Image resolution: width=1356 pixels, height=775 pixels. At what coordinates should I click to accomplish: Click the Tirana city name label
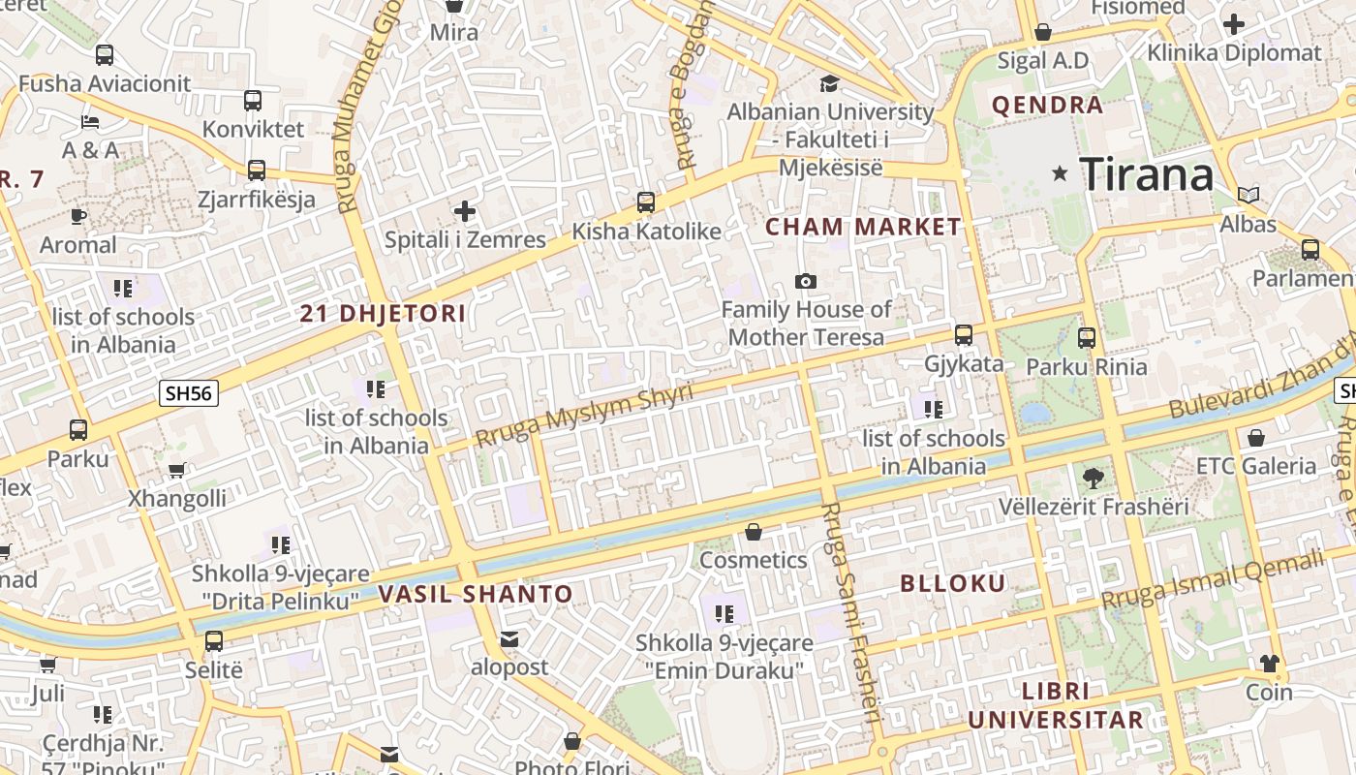(x=1146, y=174)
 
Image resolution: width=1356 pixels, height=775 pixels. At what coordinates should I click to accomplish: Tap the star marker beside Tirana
(x=1061, y=174)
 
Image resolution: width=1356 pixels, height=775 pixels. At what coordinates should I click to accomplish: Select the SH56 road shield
(x=190, y=392)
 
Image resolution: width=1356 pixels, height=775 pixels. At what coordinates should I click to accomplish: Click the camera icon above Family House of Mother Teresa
(x=805, y=281)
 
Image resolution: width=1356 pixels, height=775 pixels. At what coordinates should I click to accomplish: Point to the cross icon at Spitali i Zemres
(x=465, y=210)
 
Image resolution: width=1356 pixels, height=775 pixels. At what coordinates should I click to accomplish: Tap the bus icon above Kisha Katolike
(x=646, y=202)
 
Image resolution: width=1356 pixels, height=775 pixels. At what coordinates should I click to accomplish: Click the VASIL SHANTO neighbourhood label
(x=476, y=594)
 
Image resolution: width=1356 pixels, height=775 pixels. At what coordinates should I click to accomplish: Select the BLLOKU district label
(x=953, y=583)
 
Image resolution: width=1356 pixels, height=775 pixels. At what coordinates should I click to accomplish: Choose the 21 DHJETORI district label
(x=383, y=314)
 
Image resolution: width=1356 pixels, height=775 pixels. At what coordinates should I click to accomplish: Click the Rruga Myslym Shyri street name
(x=584, y=416)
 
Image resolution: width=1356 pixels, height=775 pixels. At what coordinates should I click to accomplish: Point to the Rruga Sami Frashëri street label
(x=851, y=613)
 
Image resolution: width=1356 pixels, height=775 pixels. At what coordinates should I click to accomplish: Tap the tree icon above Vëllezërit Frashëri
(x=1094, y=477)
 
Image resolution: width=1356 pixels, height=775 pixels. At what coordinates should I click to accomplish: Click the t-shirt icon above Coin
(x=1269, y=664)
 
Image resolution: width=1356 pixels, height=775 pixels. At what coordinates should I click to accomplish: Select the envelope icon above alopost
(x=509, y=639)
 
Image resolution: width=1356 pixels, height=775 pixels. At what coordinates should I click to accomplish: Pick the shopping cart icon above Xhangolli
(x=176, y=471)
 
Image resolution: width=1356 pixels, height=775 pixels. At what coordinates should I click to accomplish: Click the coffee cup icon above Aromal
(x=78, y=216)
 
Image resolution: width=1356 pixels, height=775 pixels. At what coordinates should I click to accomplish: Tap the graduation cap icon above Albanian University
(x=829, y=83)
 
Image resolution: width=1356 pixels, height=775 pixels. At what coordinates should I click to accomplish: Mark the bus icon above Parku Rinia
(x=1087, y=338)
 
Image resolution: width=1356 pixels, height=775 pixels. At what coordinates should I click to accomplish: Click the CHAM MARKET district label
(x=864, y=227)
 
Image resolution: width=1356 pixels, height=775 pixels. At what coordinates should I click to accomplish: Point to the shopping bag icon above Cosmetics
(x=754, y=532)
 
